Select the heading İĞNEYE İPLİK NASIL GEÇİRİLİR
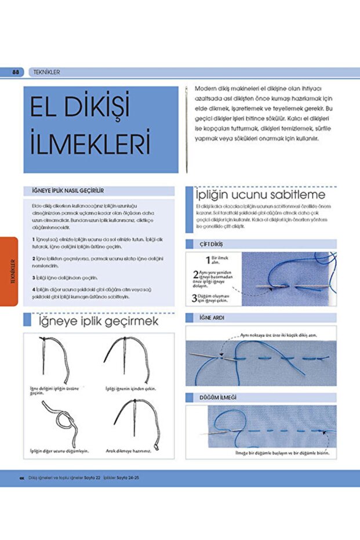coord(72,190)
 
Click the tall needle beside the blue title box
coord(187,129)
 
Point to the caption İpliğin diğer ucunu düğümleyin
coord(60,451)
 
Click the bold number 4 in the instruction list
coord(33,289)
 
